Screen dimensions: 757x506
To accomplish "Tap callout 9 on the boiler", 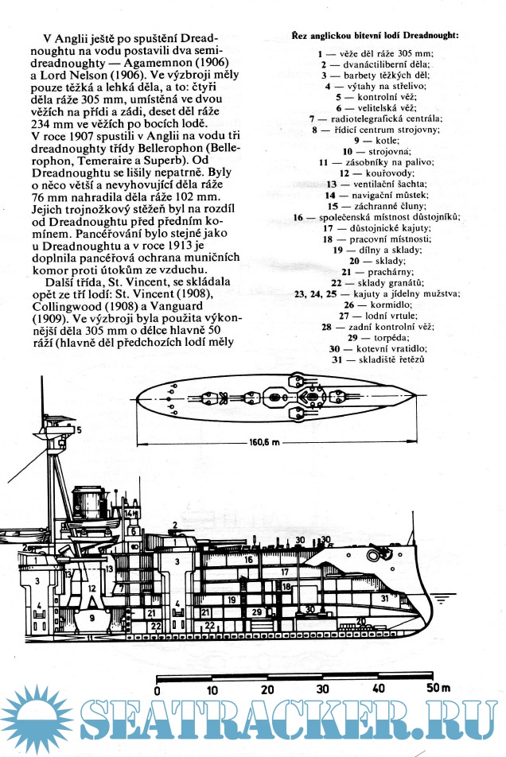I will [92, 616].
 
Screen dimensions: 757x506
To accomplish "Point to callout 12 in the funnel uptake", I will [92, 589].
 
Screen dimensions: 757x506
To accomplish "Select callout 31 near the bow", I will [384, 598].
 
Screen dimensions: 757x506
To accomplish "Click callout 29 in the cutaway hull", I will [256, 612].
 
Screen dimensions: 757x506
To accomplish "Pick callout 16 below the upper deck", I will [249, 559].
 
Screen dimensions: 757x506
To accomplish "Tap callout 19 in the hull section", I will [231, 599].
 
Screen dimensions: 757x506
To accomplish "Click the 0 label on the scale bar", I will [158, 690].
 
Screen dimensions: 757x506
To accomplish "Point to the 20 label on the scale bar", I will [267, 689].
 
